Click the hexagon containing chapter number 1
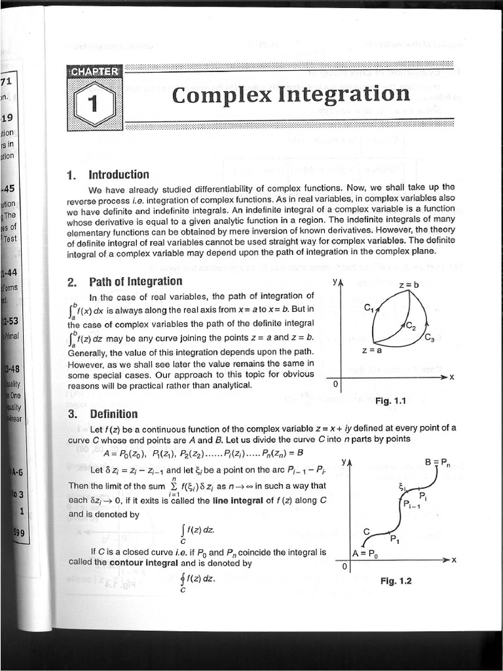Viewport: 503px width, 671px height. [95, 104]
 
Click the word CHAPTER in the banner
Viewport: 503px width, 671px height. [95, 71]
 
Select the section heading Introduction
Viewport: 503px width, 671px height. [119, 174]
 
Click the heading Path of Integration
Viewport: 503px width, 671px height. [135, 281]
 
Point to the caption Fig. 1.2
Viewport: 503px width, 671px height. [396, 581]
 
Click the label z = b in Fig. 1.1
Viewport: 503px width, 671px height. [408, 285]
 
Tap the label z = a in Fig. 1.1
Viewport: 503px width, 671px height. [372, 351]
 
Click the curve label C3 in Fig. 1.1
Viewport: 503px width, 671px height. [430, 338]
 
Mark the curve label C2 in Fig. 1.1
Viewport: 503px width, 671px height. [410, 325]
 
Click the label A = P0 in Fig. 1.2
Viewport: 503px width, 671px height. [364, 553]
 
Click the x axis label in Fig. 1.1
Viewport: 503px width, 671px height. [452, 377]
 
